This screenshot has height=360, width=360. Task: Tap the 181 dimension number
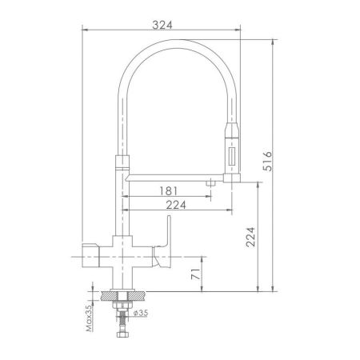click(168, 192)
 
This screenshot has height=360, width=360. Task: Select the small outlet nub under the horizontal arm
click(210, 184)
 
